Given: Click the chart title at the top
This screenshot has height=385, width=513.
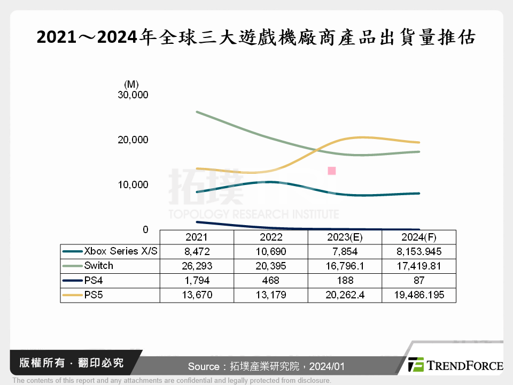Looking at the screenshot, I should pos(256,37).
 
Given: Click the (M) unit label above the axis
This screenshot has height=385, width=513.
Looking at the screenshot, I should pos(131,84).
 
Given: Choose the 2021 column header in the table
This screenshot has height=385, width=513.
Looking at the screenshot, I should pos(197,237).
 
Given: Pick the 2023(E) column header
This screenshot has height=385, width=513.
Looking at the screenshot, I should pos(345,237).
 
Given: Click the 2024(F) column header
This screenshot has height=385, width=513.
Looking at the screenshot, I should pos(419,237).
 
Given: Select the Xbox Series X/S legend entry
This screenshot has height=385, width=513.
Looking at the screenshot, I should pos(111,251).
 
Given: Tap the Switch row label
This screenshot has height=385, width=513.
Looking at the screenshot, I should pos(98,266).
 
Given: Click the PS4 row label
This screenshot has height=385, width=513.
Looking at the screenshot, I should pos(92,280).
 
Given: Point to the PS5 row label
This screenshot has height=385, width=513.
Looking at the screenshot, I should pos(92,295).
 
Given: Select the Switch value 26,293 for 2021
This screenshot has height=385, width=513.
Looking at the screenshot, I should pos(197,266).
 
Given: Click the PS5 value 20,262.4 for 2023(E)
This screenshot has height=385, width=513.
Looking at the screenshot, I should pos(345,295).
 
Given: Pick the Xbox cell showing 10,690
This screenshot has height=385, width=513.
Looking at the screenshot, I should pos(270,251).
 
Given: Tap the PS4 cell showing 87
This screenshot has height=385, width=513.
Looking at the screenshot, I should pos(419,280).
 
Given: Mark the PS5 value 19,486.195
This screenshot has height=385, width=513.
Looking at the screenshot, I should pos(419,295).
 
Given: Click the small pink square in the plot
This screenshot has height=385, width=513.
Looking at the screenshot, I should pos(331,171).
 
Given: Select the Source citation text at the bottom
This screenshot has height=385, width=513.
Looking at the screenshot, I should pos(266,367).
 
